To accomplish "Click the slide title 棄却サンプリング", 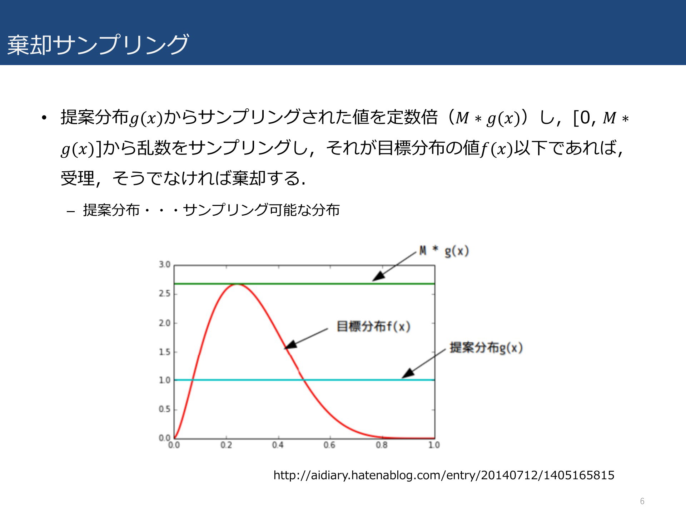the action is point(98,45).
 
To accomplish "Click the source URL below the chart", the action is point(444,475).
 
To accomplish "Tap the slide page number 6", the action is point(642,501).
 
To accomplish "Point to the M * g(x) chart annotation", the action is point(444,251).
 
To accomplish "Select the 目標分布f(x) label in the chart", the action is point(373,327).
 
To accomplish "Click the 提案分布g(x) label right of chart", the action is point(486,348).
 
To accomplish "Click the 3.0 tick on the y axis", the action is point(165,265).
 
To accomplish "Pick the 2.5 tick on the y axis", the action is point(165,294).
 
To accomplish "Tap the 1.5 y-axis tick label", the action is point(165,352).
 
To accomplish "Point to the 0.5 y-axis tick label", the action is point(165,409).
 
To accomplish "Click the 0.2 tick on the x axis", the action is point(226,445).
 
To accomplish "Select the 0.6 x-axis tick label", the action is point(329,445).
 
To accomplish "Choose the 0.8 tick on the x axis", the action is point(382,445).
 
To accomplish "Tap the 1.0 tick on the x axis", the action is point(434,445).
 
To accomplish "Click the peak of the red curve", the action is point(237,284).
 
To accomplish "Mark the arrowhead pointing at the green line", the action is point(377,276).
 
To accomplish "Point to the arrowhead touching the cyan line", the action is point(407,373).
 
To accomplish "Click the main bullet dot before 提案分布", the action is point(44,118).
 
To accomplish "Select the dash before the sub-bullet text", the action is point(71,211).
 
